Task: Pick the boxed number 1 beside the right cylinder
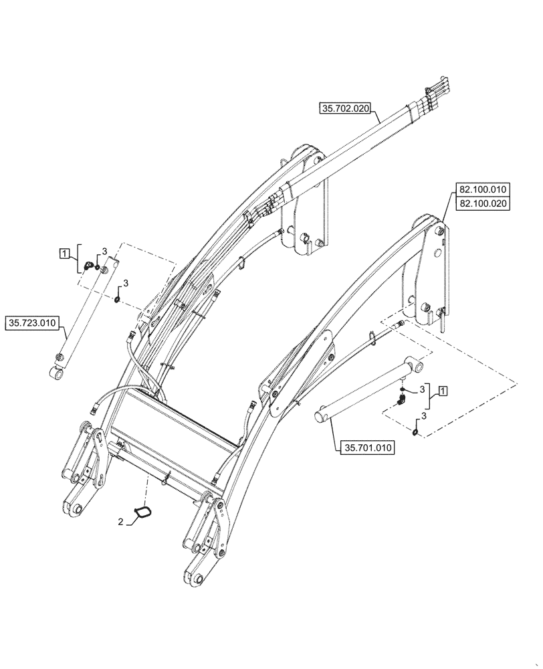(x=443, y=390)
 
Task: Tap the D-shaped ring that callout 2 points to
(x=142, y=513)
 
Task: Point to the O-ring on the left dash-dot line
(x=118, y=299)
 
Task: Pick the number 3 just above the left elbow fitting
(x=104, y=251)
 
